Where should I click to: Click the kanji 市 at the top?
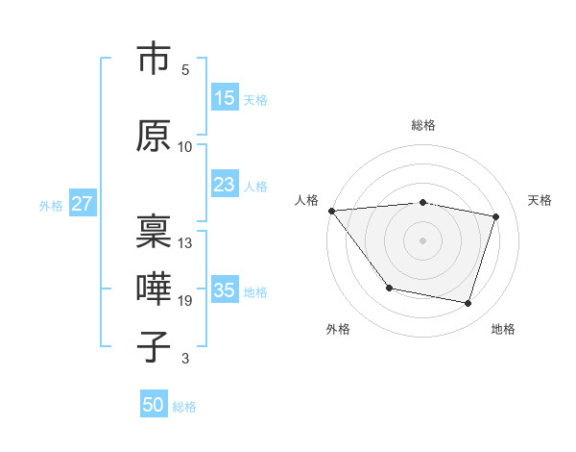click(155, 60)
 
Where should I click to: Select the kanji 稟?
click(155, 229)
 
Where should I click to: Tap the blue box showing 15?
click(225, 98)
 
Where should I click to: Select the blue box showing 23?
click(225, 186)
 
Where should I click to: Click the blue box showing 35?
click(225, 290)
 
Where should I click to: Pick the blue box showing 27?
click(82, 204)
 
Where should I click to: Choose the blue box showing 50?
click(154, 405)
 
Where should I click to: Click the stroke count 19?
click(185, 301)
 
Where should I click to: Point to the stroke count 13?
click(185, 243)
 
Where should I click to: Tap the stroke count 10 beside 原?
click(185, 147)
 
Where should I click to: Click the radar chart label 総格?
click(422, 125)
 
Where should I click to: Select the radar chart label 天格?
click(540, 200)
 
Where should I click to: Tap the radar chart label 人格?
click(307, 200)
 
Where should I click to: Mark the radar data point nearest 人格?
click(331, 211)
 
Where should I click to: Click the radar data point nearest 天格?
click(496, 216)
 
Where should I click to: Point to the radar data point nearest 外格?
click(389, 288)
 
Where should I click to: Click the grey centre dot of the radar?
click(422, 239)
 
